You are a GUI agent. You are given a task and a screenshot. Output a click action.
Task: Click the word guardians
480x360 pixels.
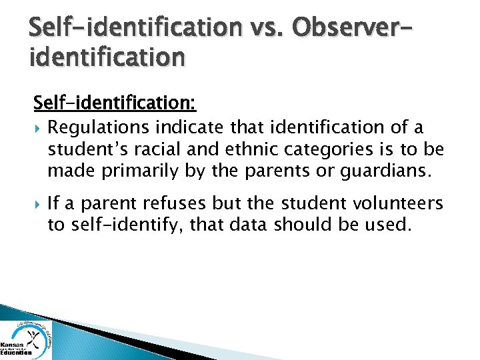tap(382, 173)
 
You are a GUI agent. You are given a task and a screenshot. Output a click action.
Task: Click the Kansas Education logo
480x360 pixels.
tap(25, 338)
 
